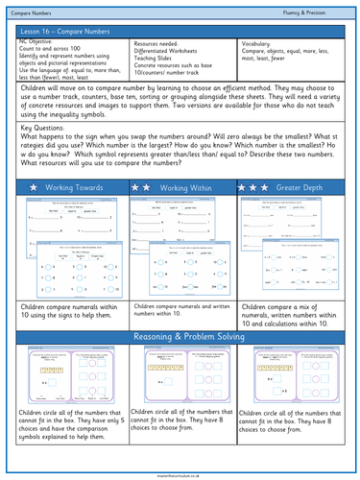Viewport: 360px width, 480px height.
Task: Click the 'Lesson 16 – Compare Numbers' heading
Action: (x=60, y=31)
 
